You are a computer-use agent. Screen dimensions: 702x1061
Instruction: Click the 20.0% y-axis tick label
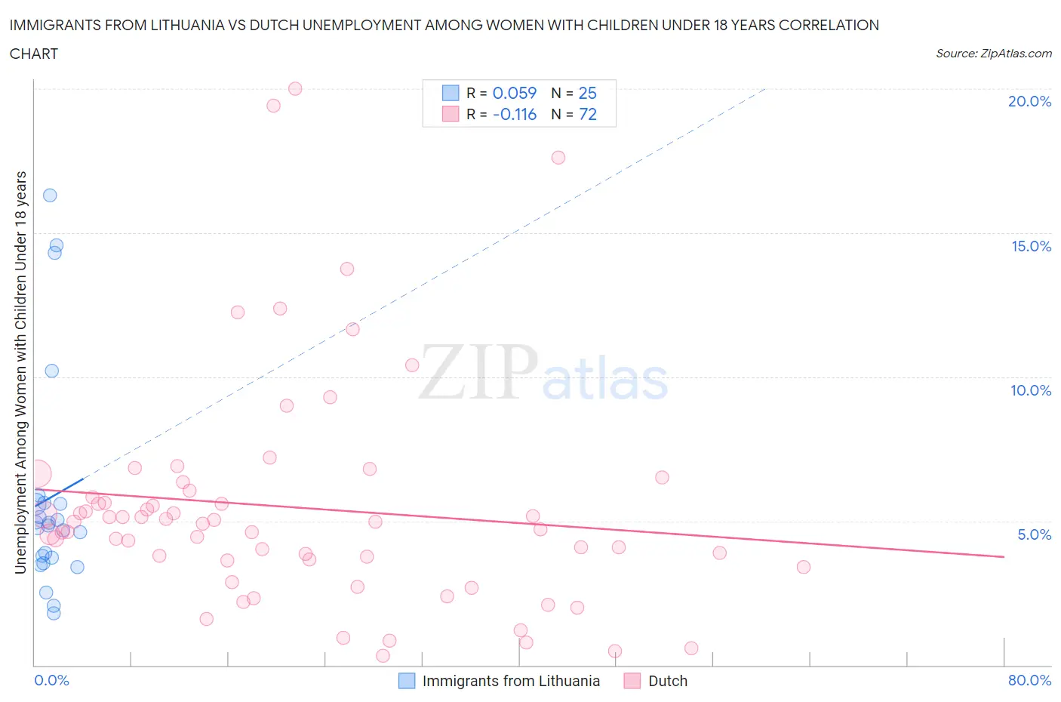click(x=1029, y=101)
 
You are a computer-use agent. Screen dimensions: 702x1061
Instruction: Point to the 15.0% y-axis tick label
click(x=1031, y=246)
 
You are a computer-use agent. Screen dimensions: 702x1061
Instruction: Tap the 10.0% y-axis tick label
click(x=1031, y=390)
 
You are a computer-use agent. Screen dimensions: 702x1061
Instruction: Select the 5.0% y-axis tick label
click(x=1034, y=534)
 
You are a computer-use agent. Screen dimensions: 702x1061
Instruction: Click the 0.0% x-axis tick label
click(x=51, y=680)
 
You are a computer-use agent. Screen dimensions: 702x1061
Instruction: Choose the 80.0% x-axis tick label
click(x=1029, y=680)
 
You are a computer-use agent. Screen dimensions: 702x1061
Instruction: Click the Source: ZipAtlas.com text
click(x=993, y=54)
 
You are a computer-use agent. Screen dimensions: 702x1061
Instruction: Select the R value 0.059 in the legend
click(x=514, y=93)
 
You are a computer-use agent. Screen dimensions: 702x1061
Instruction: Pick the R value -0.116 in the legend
click(x=514, y=114)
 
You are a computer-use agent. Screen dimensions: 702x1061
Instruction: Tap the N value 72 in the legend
click(x=587, y=114)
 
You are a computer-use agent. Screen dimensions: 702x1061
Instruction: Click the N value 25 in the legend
click(x=587, y=93)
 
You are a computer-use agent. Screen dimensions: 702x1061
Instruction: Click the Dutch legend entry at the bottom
click(x=667, y=681)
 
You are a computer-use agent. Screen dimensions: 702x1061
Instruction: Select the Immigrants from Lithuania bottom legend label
click(x=511, y=681)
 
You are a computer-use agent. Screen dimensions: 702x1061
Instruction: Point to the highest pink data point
click(x=295, y=89)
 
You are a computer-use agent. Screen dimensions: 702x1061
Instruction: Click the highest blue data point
click(x=50, y=196)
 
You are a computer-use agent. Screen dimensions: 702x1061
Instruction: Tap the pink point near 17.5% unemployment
click(x=558, y=158)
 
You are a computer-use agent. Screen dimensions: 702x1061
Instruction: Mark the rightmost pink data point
click(x=804, y=567)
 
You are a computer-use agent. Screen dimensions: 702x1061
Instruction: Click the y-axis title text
click(x=21, y=372)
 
